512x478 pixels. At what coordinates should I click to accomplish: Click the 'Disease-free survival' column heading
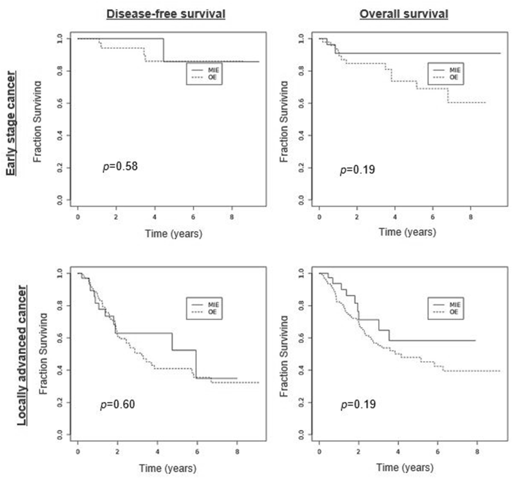click(166, 14)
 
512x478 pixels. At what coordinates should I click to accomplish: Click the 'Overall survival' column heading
click(404, 14)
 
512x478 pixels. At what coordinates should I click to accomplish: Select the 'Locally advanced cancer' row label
click(22, 355)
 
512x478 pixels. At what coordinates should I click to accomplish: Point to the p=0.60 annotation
click(117, 404)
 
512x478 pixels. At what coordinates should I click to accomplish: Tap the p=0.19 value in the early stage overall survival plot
click(357, 170)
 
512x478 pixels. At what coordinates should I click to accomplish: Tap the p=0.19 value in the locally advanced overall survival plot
click(358, 404)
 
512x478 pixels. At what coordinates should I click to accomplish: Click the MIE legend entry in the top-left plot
click(212, 70)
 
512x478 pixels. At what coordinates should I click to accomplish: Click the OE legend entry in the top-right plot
click(453, 77)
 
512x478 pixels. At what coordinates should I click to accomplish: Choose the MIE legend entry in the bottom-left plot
click(212, 305)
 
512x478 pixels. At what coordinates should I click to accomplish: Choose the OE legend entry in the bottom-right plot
click(453, 312)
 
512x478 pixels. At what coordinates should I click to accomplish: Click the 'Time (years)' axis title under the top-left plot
click(173, 233)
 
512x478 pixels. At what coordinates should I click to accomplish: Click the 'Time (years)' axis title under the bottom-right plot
click(405, 467)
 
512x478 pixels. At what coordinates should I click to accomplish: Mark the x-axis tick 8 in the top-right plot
click(471, 217)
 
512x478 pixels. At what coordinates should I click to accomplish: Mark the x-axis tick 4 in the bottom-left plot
click(157, 452)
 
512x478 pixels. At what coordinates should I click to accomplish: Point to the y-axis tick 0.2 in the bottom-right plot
click(301, 402)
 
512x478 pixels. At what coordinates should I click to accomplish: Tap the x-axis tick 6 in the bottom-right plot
click(437, 452)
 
